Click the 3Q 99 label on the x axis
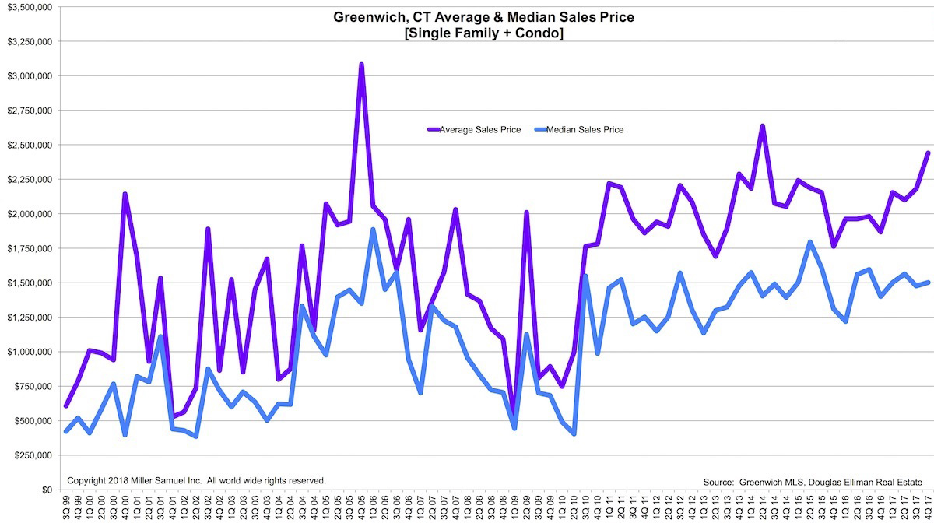pyautogui.click(x=66, y=507)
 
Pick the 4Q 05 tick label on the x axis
pyautogui.click(x=361, y=507)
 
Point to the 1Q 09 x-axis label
pyautogui.click(x=514, y=507)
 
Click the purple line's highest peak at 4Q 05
pyautogui.click(x=361, y=65)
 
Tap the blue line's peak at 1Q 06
pyautogui.click(x=374, y=230)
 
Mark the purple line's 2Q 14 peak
pyautogui.click(x=762, y=126)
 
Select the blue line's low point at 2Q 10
pyautogui.click(x=574, y=433)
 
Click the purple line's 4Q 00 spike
pyautogui.click(x=125, y=194)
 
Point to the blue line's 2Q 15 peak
pyautogui.click(x=810, y=242)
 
